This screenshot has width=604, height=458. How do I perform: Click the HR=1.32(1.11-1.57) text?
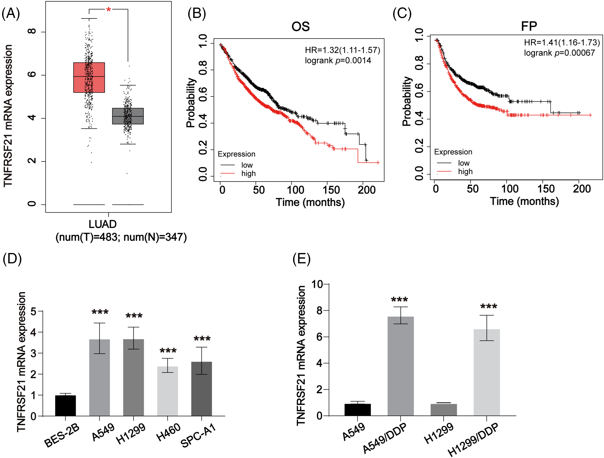(x=342, y=50)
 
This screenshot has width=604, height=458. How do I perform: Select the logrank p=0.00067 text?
(x=559, y=53)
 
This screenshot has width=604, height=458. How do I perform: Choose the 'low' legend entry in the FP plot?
(x=464, y=163)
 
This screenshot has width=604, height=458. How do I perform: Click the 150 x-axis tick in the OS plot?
(x=331, y=190)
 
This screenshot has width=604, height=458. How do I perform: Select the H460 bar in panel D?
(x=167, y=391)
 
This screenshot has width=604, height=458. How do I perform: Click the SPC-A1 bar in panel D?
(x=201, y=389)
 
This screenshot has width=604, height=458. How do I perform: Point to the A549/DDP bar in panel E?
(x=401, y=366)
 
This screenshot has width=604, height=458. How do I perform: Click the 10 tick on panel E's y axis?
(x=317, y=284)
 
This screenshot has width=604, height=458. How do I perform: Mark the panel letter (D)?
(x=12, y=258)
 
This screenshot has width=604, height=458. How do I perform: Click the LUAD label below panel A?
(x=103, y=224)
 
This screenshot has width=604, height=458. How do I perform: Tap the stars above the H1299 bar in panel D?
(x=134, y=316)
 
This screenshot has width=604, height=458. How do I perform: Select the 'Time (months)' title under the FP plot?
(x=524, y=201)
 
